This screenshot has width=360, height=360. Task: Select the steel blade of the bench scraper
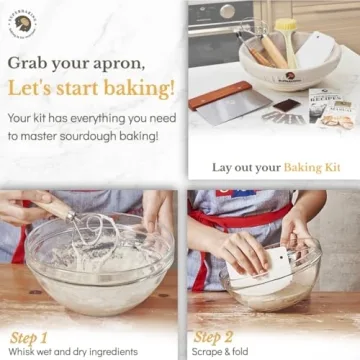[236, 109]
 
